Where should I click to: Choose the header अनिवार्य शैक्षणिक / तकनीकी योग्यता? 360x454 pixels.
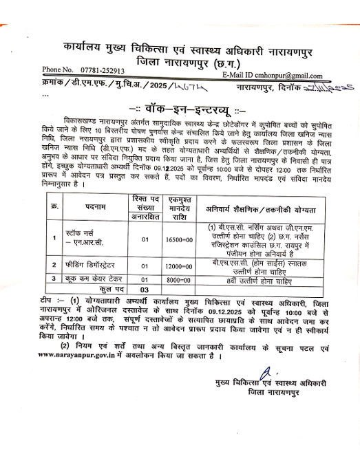tap(266, 207)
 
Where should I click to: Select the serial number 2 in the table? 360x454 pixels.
tap(54, 264)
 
